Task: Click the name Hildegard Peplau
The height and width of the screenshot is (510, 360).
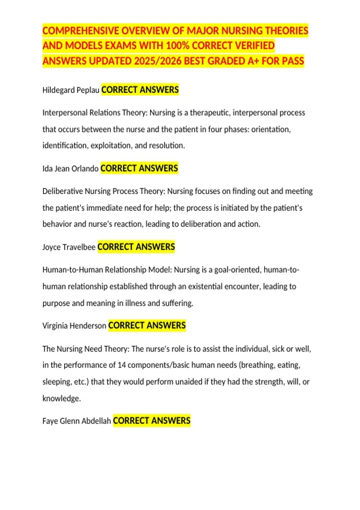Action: [71, 90]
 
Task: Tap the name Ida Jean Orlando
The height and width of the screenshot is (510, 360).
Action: [70, 169]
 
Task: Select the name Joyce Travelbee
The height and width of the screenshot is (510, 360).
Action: [69, 247]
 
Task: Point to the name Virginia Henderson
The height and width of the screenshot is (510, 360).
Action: [74, 326]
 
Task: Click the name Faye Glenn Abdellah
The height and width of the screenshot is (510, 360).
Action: [76, 421]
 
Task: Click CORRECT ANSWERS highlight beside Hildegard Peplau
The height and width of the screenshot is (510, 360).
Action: [140, 90]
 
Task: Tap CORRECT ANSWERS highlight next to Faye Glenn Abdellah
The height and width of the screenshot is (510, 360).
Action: [152, 421]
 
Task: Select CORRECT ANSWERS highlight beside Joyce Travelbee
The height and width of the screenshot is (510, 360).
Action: [136, 247]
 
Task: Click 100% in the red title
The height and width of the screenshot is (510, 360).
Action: [178, 46]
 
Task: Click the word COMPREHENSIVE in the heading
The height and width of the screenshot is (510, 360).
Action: [80, 31]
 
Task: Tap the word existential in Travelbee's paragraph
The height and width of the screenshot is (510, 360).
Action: [205, 287]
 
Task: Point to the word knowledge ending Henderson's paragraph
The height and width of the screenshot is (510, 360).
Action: [61, 399]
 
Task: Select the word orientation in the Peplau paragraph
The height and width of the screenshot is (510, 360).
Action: [271, 130]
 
